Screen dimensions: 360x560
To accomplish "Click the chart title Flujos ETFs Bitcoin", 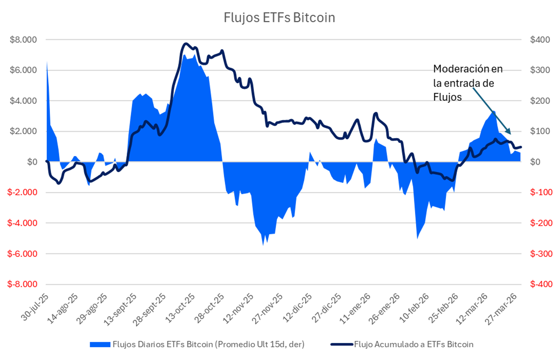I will [279, 18].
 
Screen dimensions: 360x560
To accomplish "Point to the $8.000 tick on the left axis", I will [24, 40].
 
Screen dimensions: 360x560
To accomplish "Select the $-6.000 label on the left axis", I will [22, 254].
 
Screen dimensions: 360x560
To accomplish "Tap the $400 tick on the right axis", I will [540, 40].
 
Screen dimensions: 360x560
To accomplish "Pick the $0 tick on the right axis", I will [535, 162].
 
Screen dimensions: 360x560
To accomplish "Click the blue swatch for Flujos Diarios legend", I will [100, 344].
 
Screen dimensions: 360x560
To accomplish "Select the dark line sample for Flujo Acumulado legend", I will [342, 344].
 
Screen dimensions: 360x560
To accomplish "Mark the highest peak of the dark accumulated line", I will [186, 44].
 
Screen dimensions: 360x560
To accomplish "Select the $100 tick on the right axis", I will [540, 131].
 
